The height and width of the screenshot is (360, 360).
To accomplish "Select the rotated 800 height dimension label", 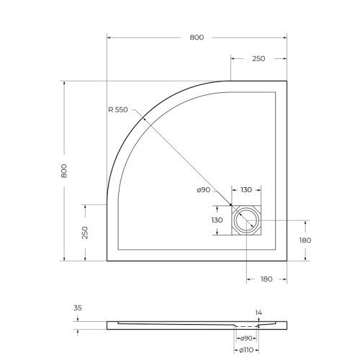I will tap(64, 171).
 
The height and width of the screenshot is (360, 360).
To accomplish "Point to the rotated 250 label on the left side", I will tap(85, 233).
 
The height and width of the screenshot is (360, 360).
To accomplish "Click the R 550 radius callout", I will tap(117, 109).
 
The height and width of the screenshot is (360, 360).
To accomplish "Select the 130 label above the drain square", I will tap(246, 189).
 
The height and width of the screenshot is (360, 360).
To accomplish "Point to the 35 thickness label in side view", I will tap(78, 307).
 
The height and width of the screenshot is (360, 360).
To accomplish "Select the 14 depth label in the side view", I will tap(258, 312).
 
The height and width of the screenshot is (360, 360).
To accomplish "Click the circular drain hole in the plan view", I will tap(248, 220).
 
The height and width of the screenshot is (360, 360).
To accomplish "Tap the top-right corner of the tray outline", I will tap(287, 81).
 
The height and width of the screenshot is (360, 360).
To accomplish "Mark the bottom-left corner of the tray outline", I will tap(107, 261).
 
